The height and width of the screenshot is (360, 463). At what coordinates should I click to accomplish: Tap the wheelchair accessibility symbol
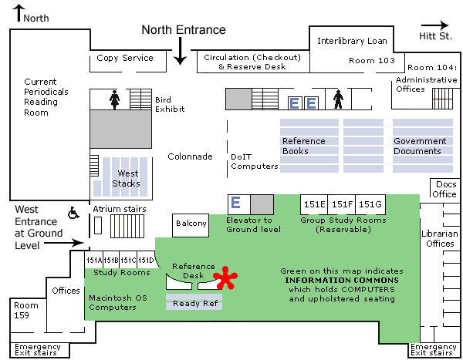pos(75,212)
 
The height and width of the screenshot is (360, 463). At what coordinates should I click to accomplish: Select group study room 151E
pos(314,204)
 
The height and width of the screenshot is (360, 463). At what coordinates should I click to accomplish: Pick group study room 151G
pos(370,204)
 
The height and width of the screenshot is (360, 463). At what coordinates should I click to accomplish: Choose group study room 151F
pos(342,204)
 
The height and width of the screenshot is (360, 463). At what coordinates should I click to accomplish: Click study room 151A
pos(93,261)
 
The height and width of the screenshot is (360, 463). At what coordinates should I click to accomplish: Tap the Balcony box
pos(191,224)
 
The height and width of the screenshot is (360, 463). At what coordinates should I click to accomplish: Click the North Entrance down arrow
pos(180,52)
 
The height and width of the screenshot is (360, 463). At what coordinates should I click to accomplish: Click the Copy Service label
pos(125,58)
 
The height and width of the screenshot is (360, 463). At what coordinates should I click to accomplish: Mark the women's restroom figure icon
pos(115,99)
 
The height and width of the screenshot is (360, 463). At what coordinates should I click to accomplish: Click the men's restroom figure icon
pos(337,99)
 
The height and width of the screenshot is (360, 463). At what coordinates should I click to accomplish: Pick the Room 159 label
pos(25,310)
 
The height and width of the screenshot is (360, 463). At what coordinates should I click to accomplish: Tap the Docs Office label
pos(446,189)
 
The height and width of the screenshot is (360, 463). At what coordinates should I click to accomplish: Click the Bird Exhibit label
pos(164,104)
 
